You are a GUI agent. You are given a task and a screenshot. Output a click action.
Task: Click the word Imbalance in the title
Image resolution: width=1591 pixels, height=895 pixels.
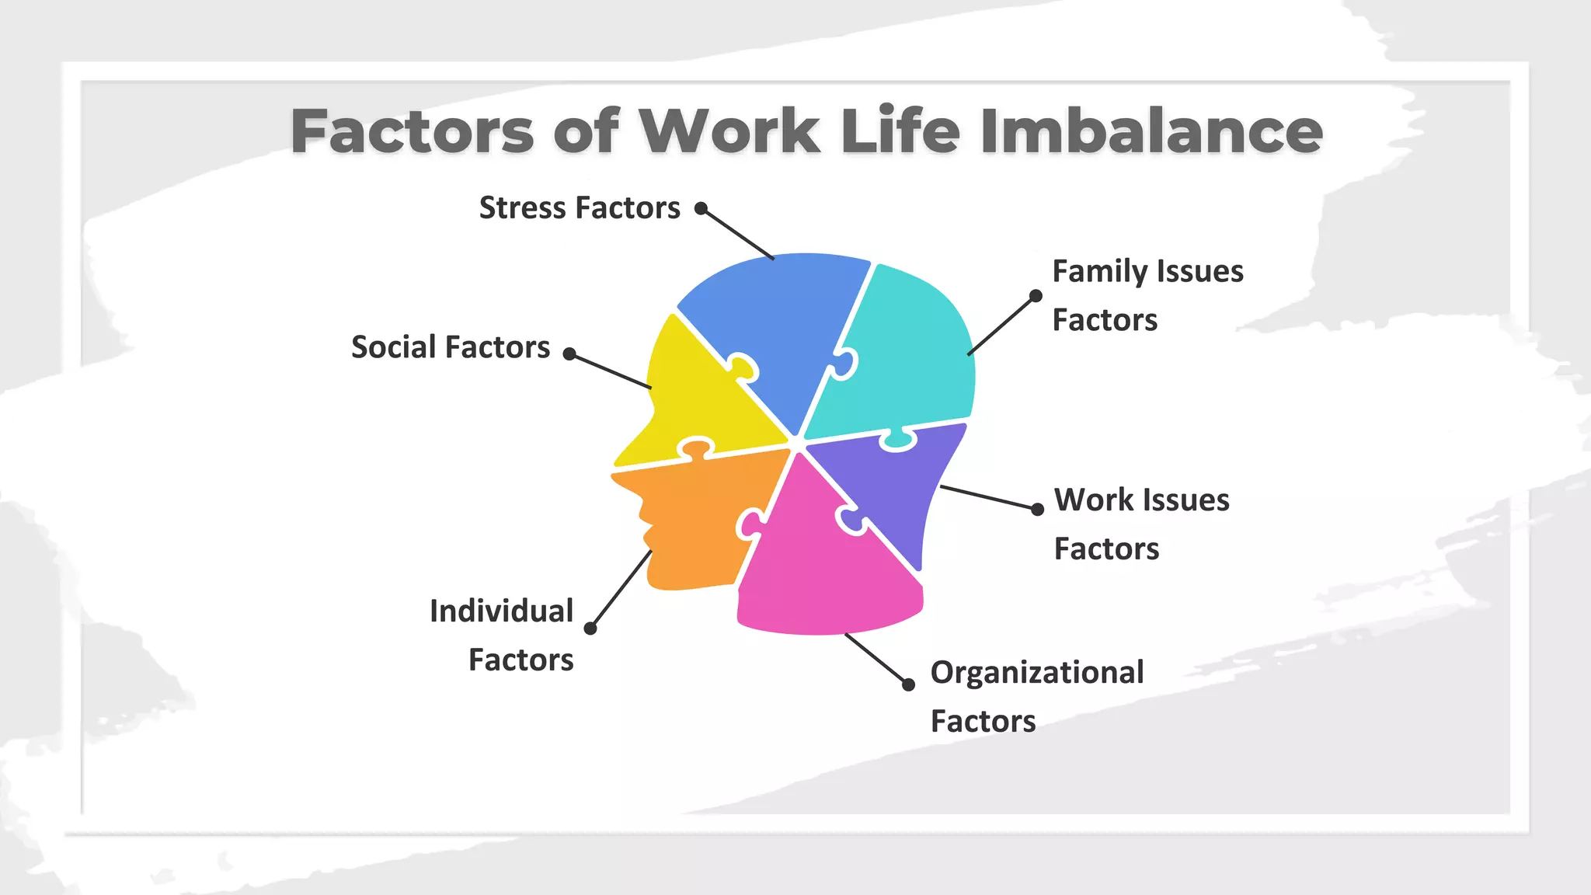click(1151, 131)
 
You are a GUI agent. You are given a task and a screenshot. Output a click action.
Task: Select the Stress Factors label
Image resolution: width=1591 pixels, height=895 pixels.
click(580, 208)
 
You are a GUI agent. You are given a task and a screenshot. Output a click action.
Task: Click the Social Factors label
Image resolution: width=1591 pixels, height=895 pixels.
click(451, 347)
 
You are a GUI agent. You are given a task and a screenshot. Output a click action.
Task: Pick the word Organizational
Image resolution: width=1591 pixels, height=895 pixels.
click(1037, 673)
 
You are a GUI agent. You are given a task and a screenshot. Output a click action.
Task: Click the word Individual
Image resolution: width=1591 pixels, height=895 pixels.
click(502, 611)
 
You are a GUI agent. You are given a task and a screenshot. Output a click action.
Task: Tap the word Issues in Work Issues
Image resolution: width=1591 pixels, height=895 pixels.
click(1185, 500)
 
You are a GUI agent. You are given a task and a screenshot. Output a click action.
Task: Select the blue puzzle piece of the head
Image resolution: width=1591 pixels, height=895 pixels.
click(777, 319)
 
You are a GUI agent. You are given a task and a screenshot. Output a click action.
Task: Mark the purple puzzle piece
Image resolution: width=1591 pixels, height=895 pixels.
click(893, 482)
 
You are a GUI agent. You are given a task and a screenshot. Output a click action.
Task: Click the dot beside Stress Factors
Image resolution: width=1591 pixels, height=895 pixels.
click(701, 208)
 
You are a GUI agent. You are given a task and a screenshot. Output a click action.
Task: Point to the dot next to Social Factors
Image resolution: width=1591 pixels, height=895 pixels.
click(569, 354)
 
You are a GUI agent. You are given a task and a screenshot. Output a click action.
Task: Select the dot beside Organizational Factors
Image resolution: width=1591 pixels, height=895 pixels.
click(908, 684)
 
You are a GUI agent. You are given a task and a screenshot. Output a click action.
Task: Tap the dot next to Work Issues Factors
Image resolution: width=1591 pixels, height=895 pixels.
click(1037, 510)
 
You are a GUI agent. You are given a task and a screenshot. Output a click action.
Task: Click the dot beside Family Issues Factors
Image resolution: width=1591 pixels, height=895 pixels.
click(1036, 296)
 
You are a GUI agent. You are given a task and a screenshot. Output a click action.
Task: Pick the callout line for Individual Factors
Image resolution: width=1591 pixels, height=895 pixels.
click(621, 589)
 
